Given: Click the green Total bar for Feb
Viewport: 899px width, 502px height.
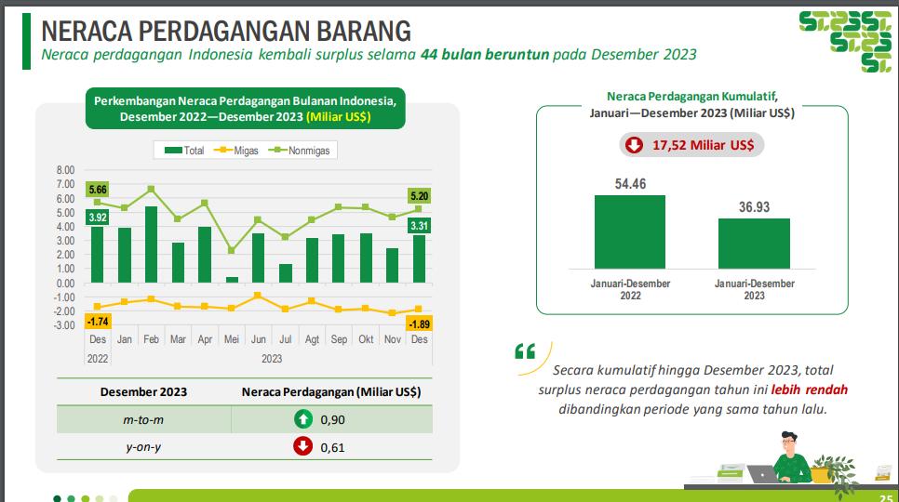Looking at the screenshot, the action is point(152,244).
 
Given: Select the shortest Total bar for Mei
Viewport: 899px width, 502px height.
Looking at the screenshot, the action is point(233,280).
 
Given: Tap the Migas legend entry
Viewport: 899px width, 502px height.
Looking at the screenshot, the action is point(236,151).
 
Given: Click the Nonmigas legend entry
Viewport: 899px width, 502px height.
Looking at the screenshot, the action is point(300,151).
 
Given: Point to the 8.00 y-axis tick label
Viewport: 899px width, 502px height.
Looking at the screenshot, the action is point(65,170).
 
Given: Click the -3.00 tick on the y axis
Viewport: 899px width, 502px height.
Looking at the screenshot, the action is point(64,325).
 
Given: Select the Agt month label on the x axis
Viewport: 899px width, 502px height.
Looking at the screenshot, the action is point(312,339).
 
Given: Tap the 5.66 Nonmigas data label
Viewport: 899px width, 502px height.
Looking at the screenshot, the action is point(98,190).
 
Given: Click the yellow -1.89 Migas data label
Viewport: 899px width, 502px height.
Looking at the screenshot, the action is point(419,324).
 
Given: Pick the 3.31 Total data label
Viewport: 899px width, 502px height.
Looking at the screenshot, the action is point(419,226).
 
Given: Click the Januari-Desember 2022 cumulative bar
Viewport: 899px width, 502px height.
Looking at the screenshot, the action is point(630,231).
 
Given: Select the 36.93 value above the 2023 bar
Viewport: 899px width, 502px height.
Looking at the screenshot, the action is point(754,207).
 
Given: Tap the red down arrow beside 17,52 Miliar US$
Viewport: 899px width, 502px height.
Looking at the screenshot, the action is point(634,145).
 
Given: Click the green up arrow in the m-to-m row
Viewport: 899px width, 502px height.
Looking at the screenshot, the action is point(303,419).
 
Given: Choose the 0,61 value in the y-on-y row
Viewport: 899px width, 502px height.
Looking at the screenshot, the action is point(332,448).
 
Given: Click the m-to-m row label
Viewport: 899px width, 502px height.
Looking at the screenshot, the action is point(143,419).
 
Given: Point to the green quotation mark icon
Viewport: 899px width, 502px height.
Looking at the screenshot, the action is point(525,350).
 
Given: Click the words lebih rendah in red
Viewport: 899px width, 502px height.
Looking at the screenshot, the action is point(809,390).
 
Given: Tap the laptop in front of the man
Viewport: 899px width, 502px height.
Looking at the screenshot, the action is point(762,474).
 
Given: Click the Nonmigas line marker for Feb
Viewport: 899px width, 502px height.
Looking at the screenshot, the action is point(151,189).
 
